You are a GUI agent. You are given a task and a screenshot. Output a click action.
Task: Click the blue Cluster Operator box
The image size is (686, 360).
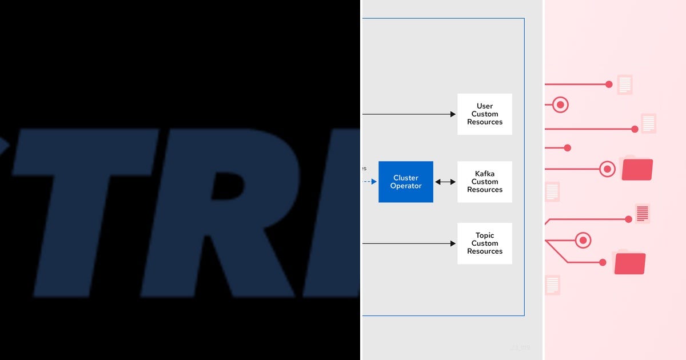pos(406,182)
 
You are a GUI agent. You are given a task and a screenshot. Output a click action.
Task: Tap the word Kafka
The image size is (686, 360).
pos(485,174)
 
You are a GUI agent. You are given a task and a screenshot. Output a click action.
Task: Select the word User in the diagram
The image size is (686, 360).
pos(485,106)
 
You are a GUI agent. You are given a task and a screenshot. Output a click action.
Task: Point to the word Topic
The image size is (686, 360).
pos(485,235)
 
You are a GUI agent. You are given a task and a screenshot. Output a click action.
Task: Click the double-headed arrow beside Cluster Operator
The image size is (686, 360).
pos(445,182)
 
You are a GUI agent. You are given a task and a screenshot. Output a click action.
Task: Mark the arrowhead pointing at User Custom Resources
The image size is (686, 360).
pos(452,114)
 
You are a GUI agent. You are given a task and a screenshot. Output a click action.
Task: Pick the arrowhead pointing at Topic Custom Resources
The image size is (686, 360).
pos(452,243)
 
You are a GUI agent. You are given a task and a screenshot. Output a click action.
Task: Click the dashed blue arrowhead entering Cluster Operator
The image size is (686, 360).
pos(374,182)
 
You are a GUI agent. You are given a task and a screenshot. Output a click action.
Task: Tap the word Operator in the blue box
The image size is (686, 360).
pos(406,186)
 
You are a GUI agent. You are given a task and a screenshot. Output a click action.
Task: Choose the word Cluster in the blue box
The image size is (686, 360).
pos(406,178)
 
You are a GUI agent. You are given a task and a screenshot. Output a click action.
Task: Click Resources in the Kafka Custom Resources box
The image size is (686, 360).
pos(485,190)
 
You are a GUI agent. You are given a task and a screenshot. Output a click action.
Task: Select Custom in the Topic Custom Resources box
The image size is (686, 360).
pos(485,243)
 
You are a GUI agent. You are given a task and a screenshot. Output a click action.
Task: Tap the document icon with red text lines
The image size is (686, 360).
pos(643,213)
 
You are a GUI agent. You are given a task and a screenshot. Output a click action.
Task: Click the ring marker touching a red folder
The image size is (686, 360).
pos(607,169)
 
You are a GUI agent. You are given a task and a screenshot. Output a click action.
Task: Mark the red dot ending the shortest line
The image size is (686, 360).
pos(567,148)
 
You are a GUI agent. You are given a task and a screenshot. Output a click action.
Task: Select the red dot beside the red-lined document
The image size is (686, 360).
pos(629,219)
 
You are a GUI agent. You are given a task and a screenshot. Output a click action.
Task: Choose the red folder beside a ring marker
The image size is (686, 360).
pos(637,169)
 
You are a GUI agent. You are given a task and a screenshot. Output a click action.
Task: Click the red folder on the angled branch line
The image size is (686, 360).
pos(629,263)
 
